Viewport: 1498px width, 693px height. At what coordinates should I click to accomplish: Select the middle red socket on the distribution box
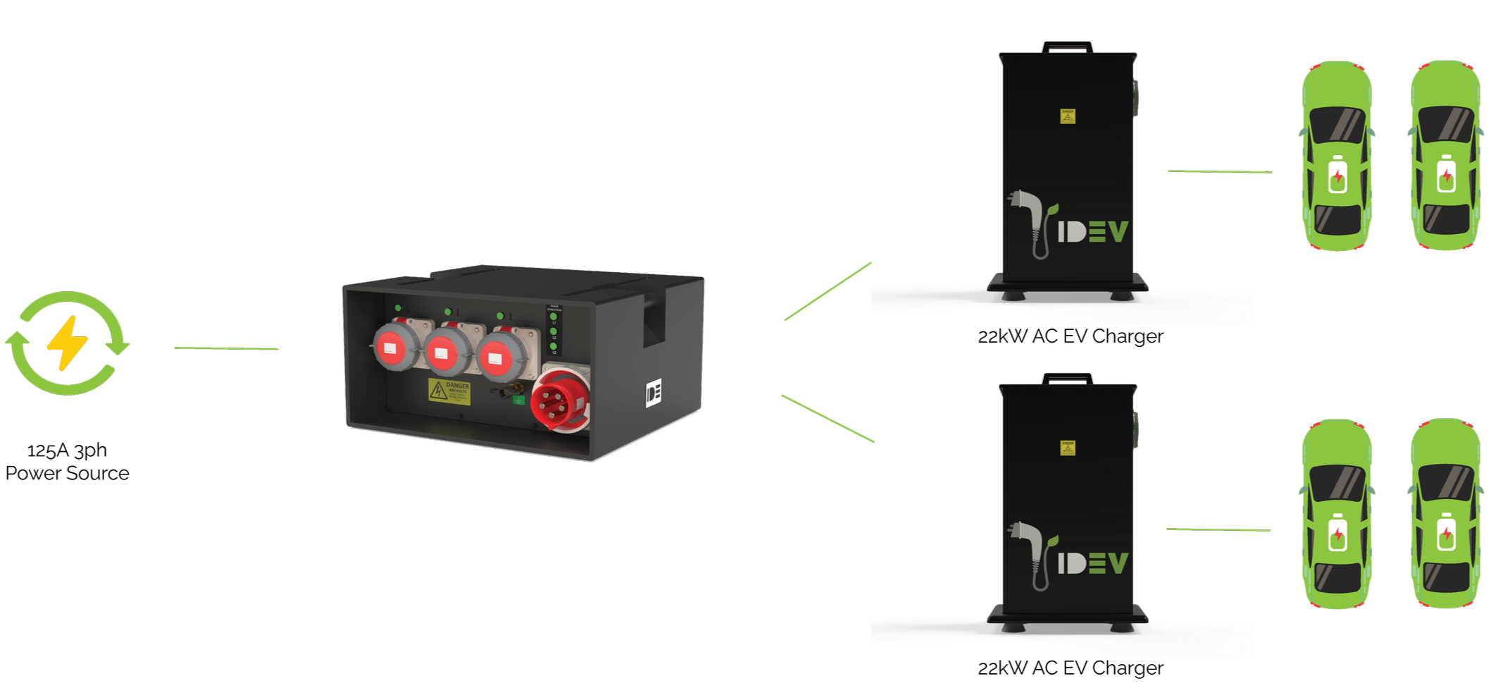tap(446, 350)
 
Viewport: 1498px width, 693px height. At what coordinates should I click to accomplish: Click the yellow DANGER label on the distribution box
tap(449, 392)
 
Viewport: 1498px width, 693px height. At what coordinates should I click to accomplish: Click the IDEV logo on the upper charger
tap(1092, 231)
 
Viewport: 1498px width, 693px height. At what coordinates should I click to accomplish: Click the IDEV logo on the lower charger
tap(1092, 562)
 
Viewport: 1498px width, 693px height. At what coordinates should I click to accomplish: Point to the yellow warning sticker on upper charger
tap(1068, 116)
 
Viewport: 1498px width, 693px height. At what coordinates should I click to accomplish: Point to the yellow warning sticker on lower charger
tap(1068, 448)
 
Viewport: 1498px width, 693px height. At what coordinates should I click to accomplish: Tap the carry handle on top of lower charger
tap(1068, 378)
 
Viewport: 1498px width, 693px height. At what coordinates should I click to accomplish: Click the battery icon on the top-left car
tap(1336, 174)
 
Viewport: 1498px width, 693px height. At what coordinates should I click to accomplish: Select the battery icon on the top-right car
tap(1446, 174)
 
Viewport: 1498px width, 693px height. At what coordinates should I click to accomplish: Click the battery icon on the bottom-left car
tap(1336, 533)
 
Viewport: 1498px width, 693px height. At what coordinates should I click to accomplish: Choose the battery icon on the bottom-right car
tap(1446, 533)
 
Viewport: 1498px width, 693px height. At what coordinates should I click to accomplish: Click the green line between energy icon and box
tap(227, 348)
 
